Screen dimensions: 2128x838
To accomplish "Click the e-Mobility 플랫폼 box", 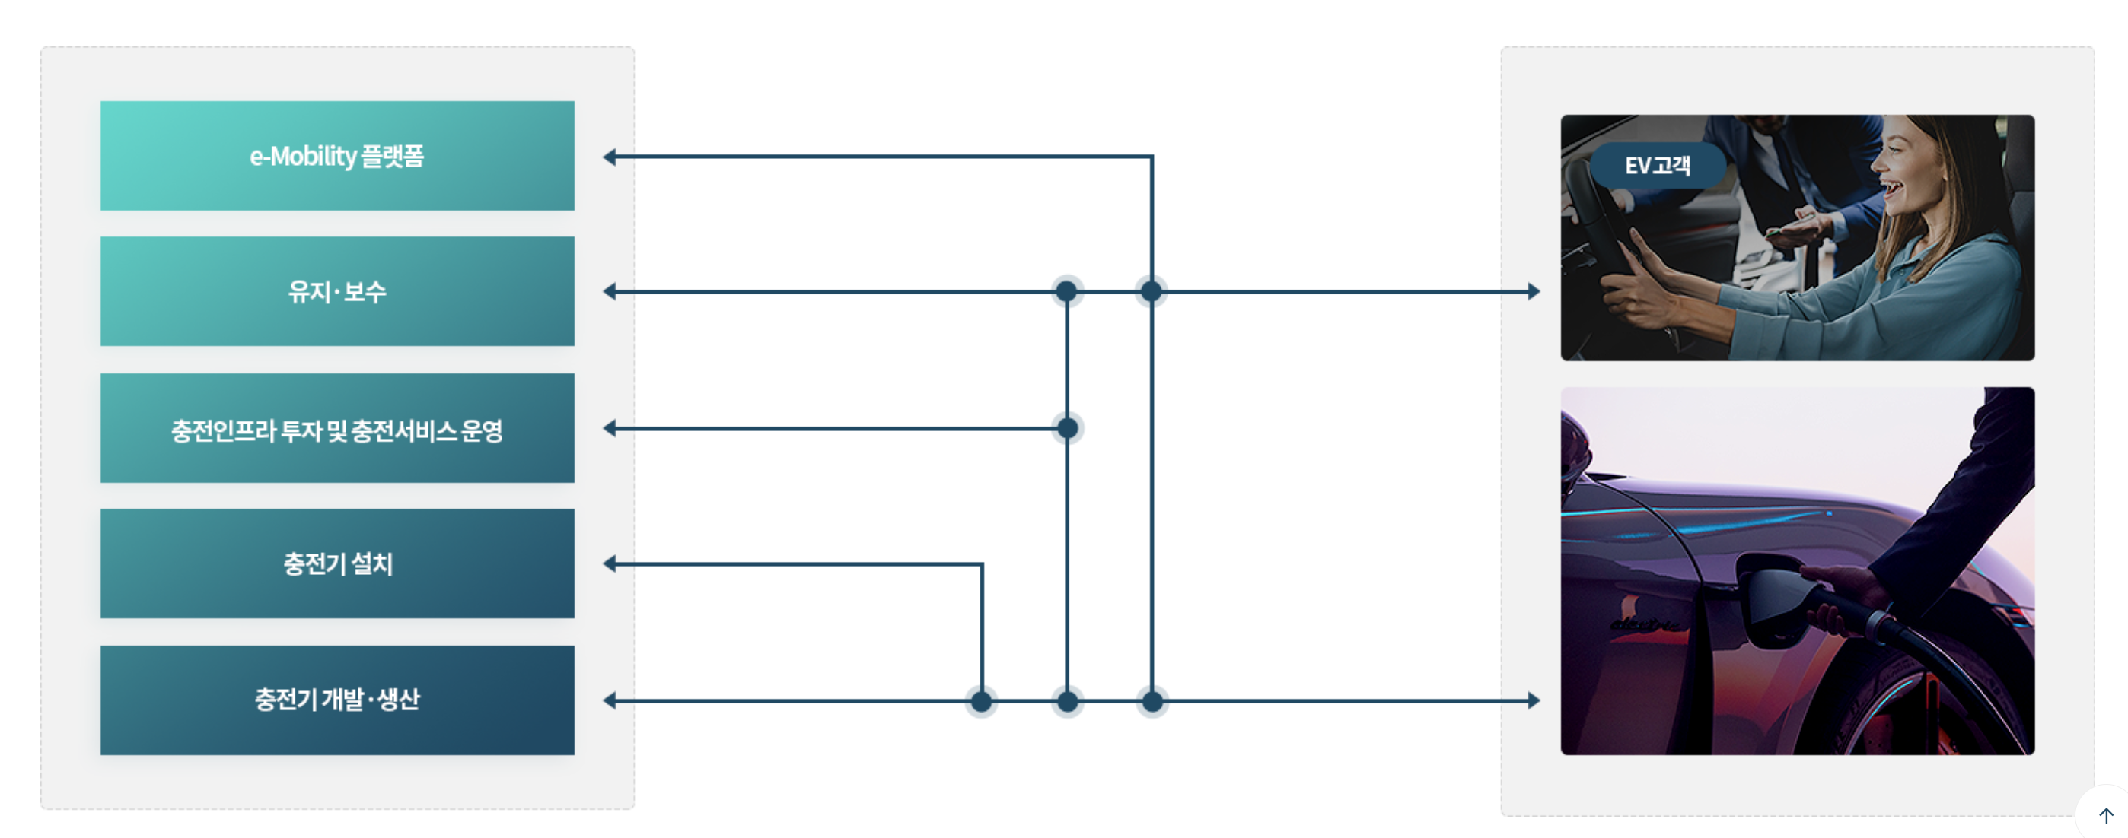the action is (337, 156).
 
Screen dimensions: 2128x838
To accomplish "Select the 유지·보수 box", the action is (337, 291).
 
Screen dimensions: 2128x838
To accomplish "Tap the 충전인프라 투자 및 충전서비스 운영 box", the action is (337, 428).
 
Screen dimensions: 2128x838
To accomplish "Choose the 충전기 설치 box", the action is (337, 564).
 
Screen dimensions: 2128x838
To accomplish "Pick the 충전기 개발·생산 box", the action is (337, 700).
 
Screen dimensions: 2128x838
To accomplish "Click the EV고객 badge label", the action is (1657, 166).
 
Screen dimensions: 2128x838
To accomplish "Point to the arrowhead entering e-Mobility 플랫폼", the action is (610, 157).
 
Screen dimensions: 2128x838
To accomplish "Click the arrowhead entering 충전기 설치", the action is (610, 564).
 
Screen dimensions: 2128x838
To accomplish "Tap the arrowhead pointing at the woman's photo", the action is (1534, 291).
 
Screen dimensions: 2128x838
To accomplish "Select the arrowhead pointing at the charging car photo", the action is (1534, 701).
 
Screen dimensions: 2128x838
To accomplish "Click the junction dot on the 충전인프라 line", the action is (1067, 428).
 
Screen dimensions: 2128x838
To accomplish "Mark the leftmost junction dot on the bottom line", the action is (981, 702).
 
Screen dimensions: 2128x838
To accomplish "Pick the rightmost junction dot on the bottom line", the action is (1152, 702).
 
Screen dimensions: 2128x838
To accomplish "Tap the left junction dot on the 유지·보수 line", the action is (1066, 291).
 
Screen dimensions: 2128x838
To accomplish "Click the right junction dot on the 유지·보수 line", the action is (1152, 291).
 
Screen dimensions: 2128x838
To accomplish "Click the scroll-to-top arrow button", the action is (2106, 816).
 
